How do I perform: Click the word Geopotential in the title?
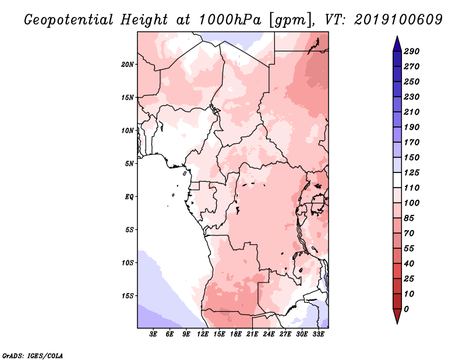tap(68, 20)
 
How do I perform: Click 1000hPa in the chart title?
tap(230, 20)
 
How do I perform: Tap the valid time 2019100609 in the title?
tap(398, 20)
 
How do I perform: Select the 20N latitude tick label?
tap(128, 65)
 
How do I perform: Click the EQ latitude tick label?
tap(129, 197)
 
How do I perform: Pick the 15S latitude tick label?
tap(128, 296)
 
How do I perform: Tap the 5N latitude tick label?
tap(129, 164)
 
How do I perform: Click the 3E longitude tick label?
tap(153, 334)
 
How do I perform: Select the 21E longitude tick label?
tap(252, 334)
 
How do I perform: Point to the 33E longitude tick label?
tap(318, 334)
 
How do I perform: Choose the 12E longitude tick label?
tap(203, 334)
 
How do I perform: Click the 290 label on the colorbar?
tap(411, 51)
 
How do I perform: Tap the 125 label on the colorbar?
tap(411, 172)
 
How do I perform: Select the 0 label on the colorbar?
tap(406, 309)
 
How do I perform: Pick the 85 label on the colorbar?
tap(409, 218)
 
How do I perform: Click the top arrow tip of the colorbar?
tap(397, 36)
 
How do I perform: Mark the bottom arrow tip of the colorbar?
tap(397, 323)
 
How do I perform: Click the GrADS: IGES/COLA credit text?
tap(33, 356)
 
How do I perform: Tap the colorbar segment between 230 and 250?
tap(397, 89)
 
